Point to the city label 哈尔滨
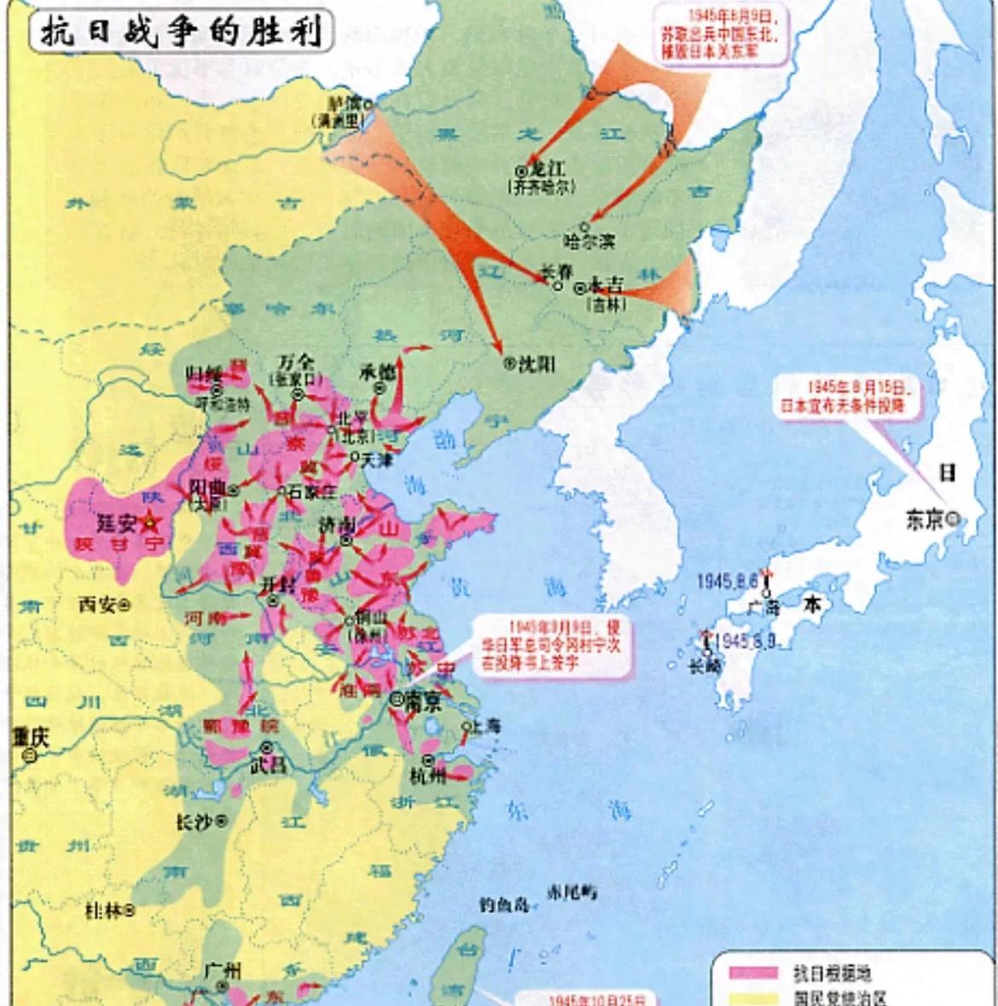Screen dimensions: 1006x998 (589, 241)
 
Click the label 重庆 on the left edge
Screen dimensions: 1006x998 (30, 736)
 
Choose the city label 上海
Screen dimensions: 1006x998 (486, 727)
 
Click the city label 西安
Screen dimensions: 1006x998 (96, 604)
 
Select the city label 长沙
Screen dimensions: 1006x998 (194, 821)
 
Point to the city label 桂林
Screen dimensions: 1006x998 (103, 911)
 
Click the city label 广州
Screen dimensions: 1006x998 (223, 970)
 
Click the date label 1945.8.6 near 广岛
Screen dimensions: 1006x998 (727, 581)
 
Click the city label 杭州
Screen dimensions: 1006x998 (426, 776)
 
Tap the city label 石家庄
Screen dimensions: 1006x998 (312, 491)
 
